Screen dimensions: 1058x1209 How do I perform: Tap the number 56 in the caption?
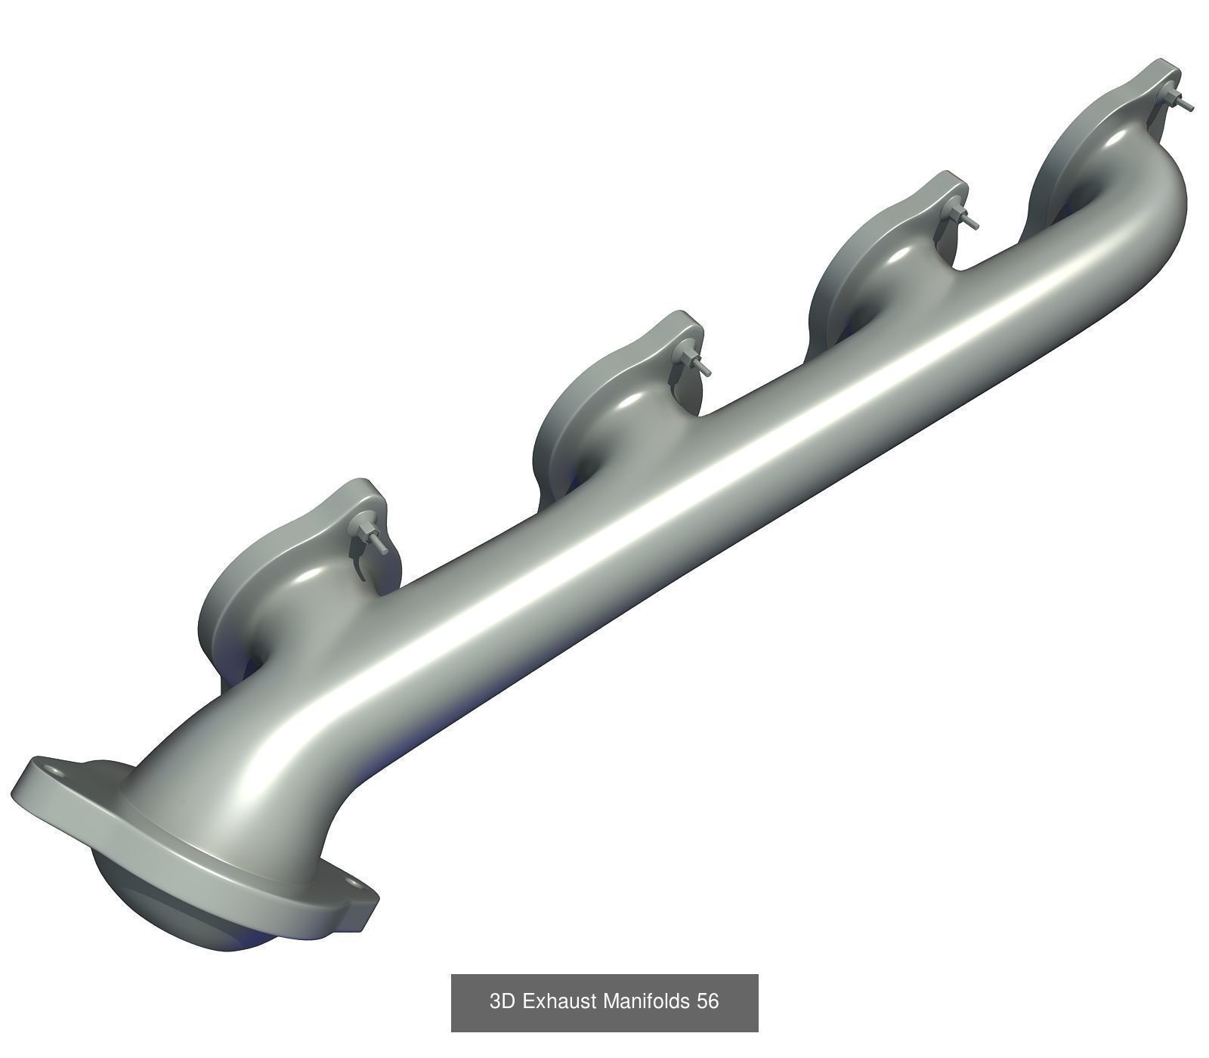click(x=708, y=1002)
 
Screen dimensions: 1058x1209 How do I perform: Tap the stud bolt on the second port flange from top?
click(x=966, y=218)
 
